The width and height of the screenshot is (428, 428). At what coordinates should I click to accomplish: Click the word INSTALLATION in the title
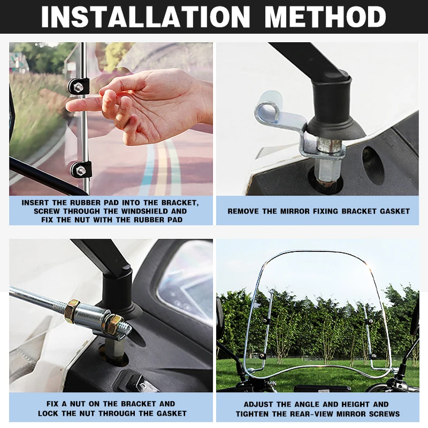(146, 17)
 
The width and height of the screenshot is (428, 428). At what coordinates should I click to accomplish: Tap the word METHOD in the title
(325, 17)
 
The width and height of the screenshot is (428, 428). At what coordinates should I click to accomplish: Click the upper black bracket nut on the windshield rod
(79, 87)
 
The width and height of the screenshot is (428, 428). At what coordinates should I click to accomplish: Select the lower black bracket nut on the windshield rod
(81, 170)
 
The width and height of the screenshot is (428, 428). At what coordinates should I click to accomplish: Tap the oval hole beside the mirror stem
(373, 165)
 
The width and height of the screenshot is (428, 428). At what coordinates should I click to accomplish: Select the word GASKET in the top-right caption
(395, 211)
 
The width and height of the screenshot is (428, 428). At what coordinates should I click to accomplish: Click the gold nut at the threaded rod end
(114, 324)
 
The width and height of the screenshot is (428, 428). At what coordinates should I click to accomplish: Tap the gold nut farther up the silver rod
(72, 309)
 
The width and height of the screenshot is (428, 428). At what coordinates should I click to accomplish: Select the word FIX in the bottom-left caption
(52, 404)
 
